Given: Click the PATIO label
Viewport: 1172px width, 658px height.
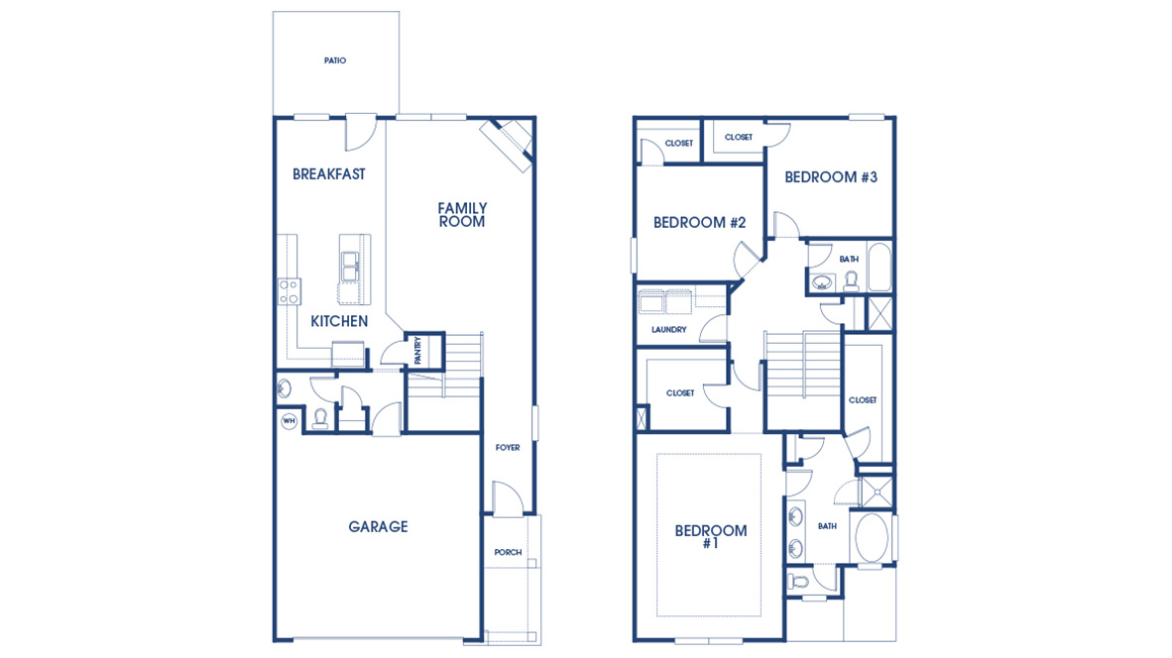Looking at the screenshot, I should (x=335, y=61).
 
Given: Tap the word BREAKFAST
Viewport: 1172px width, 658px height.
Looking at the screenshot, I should (x=329, y=174).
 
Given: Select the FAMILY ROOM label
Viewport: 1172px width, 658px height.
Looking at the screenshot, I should (x=462, y=215).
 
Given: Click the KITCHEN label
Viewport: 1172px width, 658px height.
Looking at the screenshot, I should (x=339, y=321).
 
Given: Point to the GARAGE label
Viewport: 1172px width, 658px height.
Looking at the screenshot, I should (x=378, y=527).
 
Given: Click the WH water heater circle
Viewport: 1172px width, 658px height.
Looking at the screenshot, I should (x=290, y=421).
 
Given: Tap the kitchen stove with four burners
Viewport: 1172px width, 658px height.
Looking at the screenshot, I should (x=290, y=291).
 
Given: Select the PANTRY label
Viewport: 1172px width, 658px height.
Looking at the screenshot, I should (x=418, y=349).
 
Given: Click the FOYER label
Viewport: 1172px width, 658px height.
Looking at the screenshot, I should (x=508, y=448).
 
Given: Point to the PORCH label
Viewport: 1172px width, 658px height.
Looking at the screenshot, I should (x=508, y=553).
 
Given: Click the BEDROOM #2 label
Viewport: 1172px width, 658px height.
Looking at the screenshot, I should (x=699, y=223).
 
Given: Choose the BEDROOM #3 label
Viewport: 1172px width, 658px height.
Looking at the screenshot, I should (x=831, y=177).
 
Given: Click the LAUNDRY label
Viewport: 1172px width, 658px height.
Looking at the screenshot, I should (x=669, y=330).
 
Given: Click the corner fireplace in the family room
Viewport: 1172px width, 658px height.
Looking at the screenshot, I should (x=510, y=141).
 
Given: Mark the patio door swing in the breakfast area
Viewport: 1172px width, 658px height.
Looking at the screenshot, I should (x=360, y=129).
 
